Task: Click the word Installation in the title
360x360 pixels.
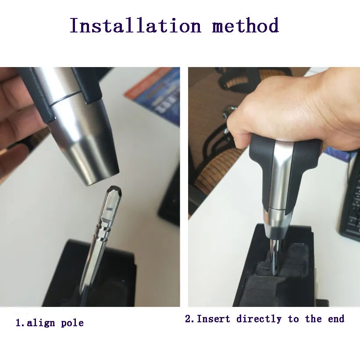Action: (x=135, y=25)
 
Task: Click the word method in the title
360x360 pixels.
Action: (x=246, y=25)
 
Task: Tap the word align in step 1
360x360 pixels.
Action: (x=41, y=323)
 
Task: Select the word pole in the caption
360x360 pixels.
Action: (x=72, y=323)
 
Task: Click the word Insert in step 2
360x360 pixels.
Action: (x=213, y=319)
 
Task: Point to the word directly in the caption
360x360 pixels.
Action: (x=259, y=319)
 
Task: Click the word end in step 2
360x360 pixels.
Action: (x=336, y=319)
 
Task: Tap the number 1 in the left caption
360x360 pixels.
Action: (x=18, y=323)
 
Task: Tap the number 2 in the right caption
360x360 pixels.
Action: (x=188, y=319)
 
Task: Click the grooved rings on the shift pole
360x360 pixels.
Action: (x=102, y=233)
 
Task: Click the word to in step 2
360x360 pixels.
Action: (x=293, y=319)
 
